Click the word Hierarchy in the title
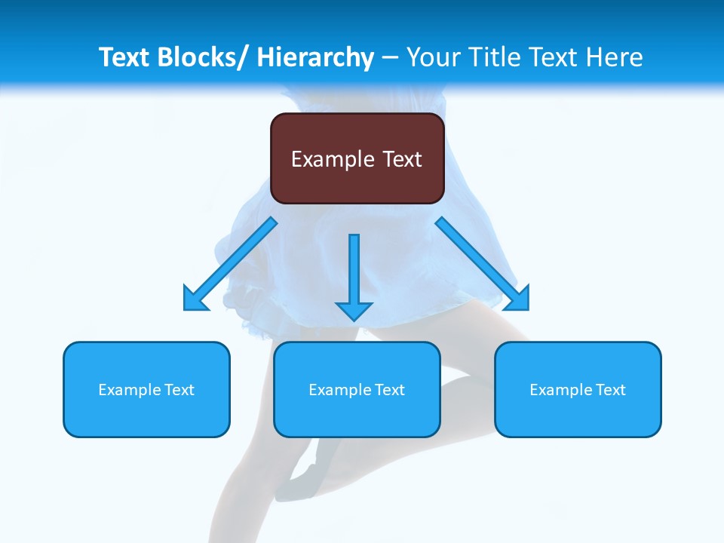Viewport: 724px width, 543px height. click(315, 57)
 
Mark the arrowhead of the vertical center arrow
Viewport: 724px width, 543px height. click(354, 310)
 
